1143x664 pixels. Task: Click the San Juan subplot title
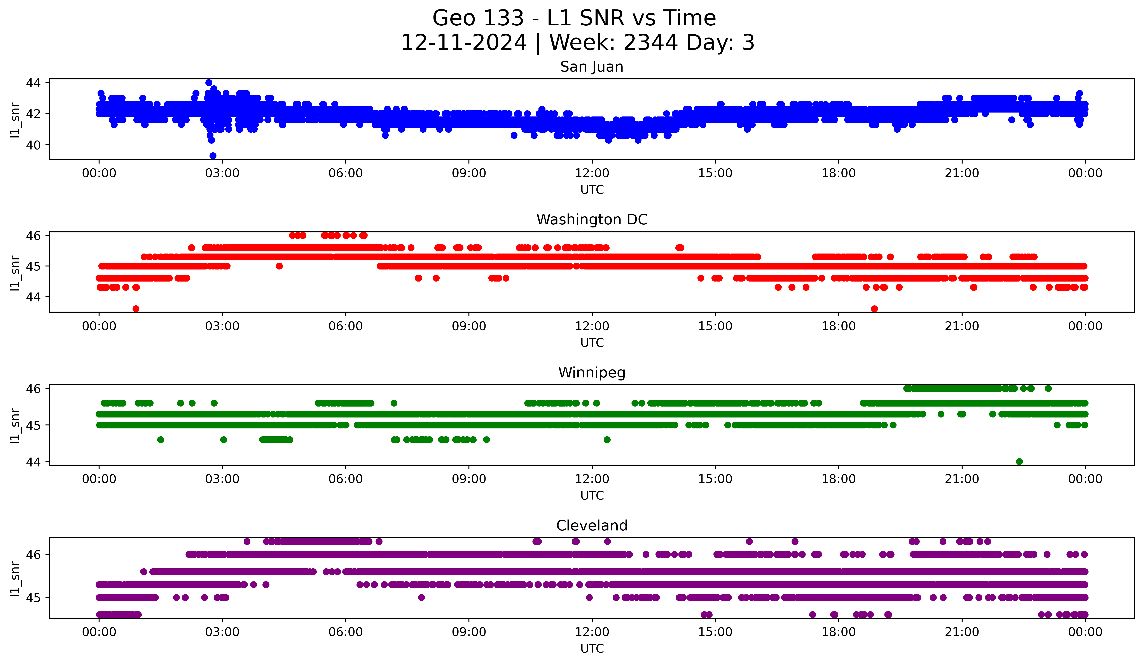tap(591, 67)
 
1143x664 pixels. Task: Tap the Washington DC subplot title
tap(591, 220)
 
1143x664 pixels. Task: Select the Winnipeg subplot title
tap(591, 373)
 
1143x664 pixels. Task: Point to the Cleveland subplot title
tap(591, 526)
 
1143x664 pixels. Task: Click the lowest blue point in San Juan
tap(213, 156)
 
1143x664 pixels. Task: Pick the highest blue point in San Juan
tap(209, 83)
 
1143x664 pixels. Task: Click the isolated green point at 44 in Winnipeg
tap(1019, 461)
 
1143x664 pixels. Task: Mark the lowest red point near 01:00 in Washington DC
tap(136, 309)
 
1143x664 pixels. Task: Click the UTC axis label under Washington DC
tap(592, 343)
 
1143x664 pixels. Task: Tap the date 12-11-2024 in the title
tap(463, 43)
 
